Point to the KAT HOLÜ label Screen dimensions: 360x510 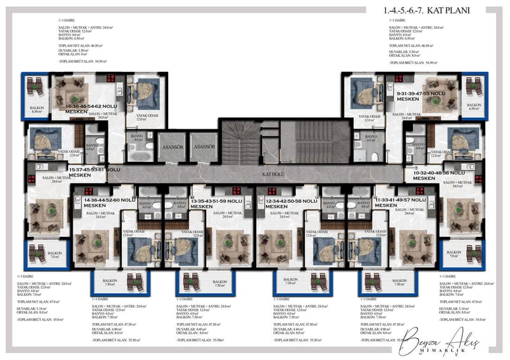[273, 173]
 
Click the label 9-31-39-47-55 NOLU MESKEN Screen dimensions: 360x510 [421, 96]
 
